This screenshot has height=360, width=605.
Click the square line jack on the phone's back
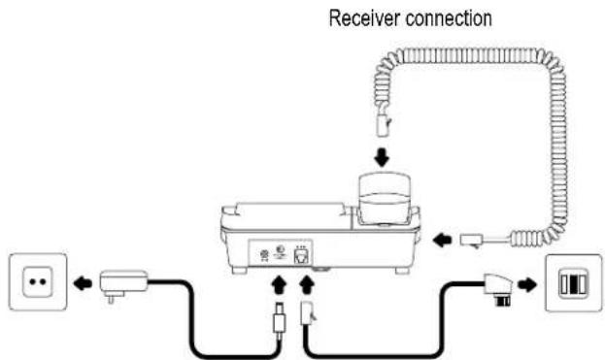click(301, 255)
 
